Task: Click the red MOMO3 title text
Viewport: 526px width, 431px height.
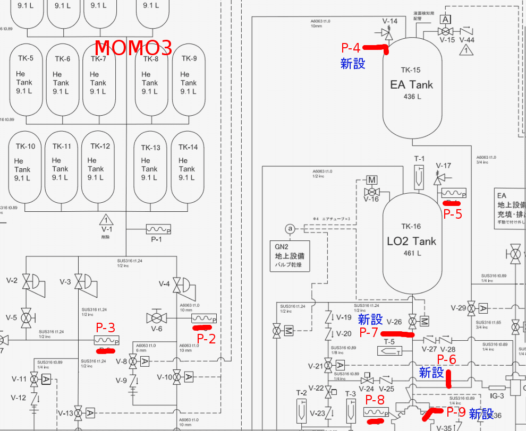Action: tap(133, 48)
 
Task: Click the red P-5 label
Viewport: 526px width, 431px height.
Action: tap(453, 214)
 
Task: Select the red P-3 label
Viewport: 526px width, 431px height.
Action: tap(105, 327)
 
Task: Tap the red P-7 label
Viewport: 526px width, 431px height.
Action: tap(369, 332)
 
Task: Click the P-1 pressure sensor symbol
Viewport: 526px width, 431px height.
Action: tap(158, 229)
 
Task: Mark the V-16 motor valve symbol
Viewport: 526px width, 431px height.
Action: tap(371, 191)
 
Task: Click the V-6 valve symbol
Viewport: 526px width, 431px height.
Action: tap(157, 318)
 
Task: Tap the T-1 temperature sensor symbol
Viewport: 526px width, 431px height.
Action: tap(419, 176)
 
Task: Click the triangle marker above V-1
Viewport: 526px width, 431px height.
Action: tap(107, 219)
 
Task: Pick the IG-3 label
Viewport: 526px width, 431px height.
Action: tap(497, 395)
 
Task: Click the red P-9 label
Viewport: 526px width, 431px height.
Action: tap(456, 411)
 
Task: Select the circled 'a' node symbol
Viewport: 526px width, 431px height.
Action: tap(290, 229)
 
